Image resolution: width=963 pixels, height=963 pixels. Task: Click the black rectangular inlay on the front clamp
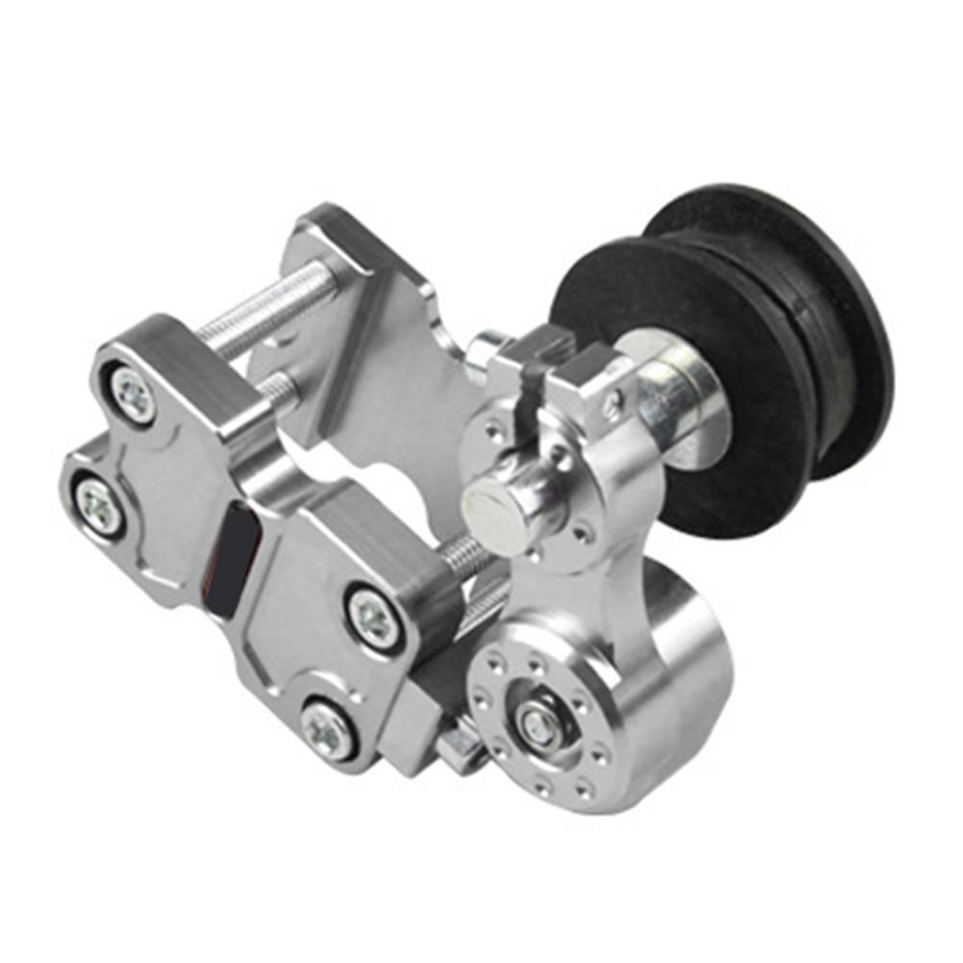pyautogui.click(x=235, y=562)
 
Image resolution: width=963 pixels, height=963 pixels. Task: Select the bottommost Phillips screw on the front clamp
pyautogui.click(x=327, y=728)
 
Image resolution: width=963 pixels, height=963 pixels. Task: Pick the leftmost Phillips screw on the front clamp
pyautogui.click(x=99, y=504)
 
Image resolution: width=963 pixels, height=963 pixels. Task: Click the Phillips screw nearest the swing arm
pyautogui.click(x=371, y=617)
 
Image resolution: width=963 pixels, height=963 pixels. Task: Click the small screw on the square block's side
pyautogui.click(x=610, y=406)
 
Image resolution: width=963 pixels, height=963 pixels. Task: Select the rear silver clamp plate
pyautogui.click(x=366, y=317)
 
